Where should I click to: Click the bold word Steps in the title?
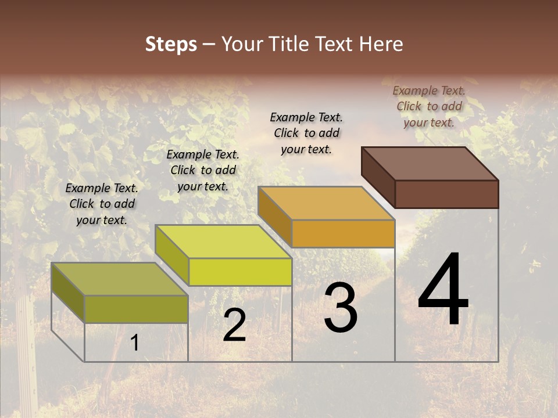pos(171,44)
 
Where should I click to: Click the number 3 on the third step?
pos(341,308)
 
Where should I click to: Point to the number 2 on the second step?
pos(234,326)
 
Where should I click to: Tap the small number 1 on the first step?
pos(134,343)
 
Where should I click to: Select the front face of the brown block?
pos(446,194)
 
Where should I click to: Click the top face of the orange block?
pos(326,203)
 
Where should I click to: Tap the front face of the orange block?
pos(343,233)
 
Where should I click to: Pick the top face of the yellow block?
pos(223,242)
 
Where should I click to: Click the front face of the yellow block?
pos(240,272)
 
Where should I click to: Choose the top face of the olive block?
pos(120,279)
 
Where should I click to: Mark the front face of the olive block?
pos(136,309)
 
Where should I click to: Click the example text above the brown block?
pos(429,106)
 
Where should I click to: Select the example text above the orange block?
pos(306,133)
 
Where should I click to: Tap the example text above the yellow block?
pos(203,170)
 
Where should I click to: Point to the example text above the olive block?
pos(102,204)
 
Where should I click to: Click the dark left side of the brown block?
pos(378,176)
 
